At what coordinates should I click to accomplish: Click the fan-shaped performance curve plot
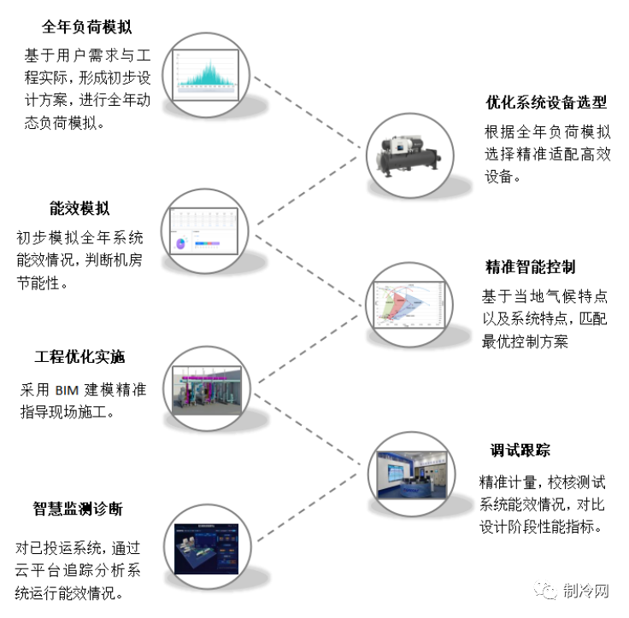tap(408, 304)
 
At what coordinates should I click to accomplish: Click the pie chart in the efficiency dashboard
tap(181, 243)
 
